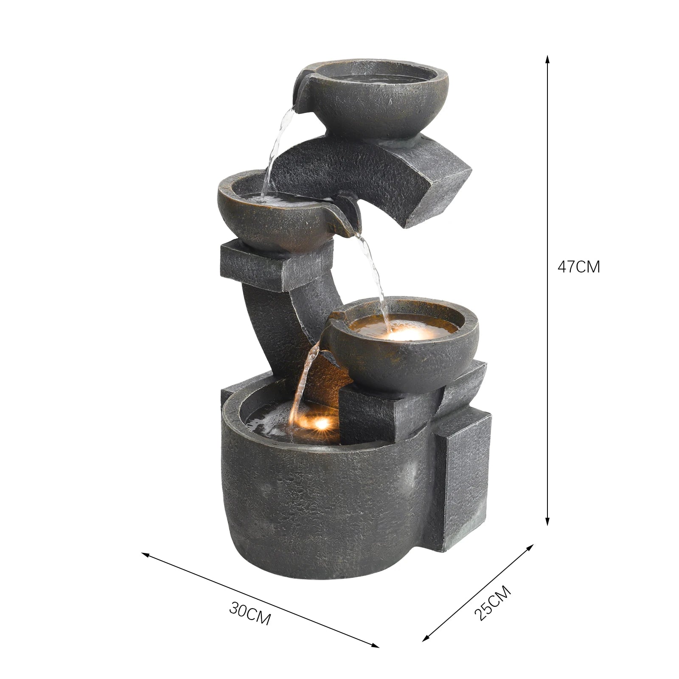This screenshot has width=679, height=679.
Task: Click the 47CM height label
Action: click(x=578, y=267)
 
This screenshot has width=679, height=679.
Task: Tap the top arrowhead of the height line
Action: click(x=547, y=58)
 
